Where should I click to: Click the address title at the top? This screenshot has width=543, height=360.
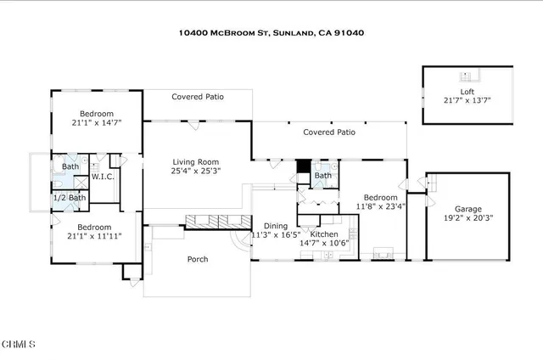(x=271, y=33)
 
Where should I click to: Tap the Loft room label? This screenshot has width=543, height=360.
(x=467, y=91)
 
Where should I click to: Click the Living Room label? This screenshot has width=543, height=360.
(x=196, y=161)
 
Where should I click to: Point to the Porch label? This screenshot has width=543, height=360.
(x=197, y=259)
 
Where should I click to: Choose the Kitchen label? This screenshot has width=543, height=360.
(x=325, y=233)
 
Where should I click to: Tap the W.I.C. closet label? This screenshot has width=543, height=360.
(x=104, y=177)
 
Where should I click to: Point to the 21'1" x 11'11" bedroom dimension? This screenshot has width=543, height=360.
(x=94, y=238)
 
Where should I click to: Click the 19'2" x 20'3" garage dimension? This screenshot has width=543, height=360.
(x=467, y=217)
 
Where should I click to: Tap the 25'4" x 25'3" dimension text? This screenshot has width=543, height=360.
(x=196, y=172)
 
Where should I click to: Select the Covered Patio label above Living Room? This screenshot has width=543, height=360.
(x=197, y=97)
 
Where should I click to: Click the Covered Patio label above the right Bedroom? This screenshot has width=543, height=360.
(x=329, y=132)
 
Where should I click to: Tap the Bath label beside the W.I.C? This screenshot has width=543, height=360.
(x=70, y=166)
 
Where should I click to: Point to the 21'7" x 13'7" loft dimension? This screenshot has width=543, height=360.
(x=467, y=100)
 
